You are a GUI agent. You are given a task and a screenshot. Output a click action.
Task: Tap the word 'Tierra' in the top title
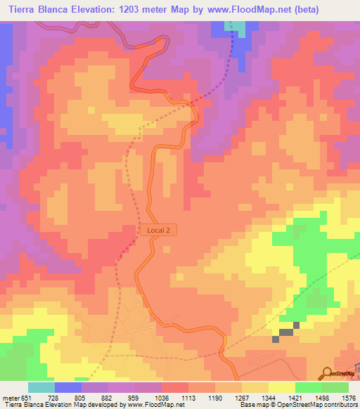(27, 10)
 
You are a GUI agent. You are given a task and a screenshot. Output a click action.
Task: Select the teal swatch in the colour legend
(41, 387)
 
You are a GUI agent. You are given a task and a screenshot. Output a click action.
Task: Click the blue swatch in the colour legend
(67, 387)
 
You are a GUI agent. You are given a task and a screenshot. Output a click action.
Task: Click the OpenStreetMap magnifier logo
(328, 372)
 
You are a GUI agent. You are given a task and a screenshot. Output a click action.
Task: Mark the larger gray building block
(286, 332)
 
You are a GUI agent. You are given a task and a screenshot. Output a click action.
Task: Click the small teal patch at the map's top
(240, 27)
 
